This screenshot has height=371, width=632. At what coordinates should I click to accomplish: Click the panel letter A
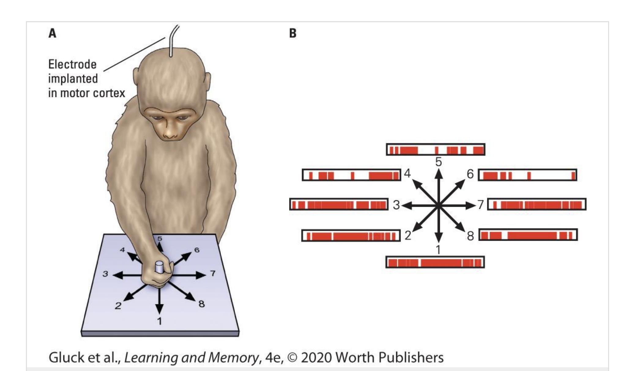coord(52,33)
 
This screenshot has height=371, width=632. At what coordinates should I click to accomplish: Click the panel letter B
coord(292,33)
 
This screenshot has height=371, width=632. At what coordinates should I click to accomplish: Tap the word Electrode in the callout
coord(72,65)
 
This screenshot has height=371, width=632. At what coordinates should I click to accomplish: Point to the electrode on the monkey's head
coord(170,46)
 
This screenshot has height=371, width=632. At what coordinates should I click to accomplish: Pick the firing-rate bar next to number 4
coord(351,175)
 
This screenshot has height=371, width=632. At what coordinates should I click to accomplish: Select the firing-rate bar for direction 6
coord(527,175)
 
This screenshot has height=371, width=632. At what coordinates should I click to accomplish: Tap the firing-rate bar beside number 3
coord(339,204)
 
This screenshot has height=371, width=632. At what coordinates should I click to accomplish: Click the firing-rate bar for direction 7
coord(537,204)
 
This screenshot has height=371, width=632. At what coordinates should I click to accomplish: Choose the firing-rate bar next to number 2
coord(351,236)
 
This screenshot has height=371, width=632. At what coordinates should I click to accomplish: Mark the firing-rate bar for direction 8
coord(528,235)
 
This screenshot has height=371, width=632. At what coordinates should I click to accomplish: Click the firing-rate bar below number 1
coord(435,262)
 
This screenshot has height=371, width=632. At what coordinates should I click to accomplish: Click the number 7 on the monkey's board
coord(213,273)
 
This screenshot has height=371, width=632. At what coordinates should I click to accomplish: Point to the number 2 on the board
coord(118,305)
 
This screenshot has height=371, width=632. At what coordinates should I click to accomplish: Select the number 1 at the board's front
coord(159,321)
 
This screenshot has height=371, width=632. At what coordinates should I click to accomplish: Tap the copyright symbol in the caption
coord(292,358)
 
